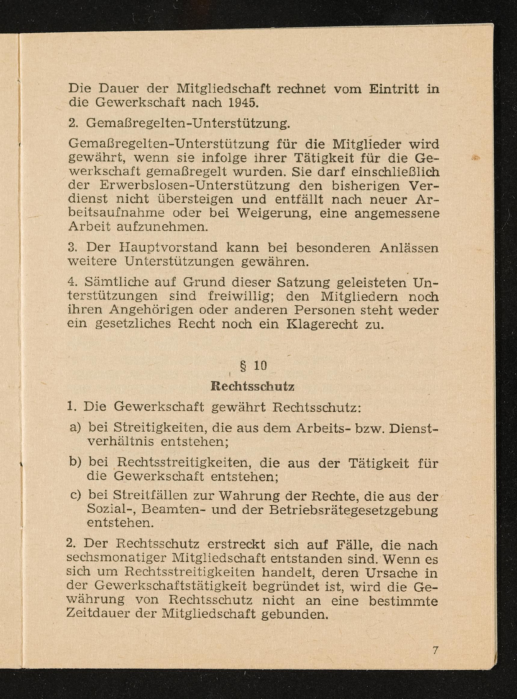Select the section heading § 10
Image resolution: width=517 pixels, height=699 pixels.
[254, 366]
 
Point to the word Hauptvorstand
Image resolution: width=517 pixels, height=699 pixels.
[168, 248]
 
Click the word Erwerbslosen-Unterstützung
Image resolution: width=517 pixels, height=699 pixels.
[195, 186]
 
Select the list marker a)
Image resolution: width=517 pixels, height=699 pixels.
[75, 427]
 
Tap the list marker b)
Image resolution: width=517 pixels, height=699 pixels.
[75, 462]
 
